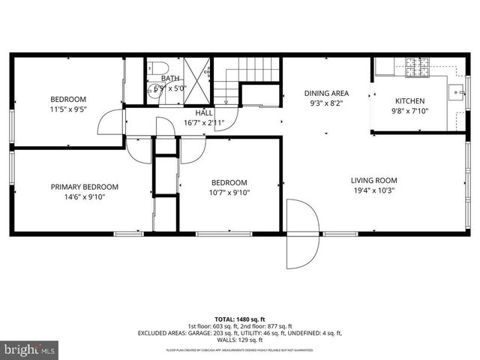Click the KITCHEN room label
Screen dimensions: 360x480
(x=410, y=101)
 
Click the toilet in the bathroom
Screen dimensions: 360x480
(x=153, y=67)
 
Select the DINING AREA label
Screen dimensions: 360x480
(x=326, y=94)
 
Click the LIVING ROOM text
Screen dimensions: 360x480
(x=373, y=180)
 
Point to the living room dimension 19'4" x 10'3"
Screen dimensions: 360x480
(x=373, y=190)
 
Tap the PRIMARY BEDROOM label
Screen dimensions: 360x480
(x=84, y=187)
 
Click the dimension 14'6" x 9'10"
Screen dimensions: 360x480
(x=84, y=197)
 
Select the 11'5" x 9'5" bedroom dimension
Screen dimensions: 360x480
(x=68, y=109)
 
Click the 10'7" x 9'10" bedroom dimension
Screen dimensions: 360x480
(x=229, y=193)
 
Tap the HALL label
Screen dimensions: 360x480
(x=204, y=112)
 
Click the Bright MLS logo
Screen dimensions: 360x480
(x=30, y=349)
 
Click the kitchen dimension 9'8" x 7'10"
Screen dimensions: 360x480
(x=410, y=112)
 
